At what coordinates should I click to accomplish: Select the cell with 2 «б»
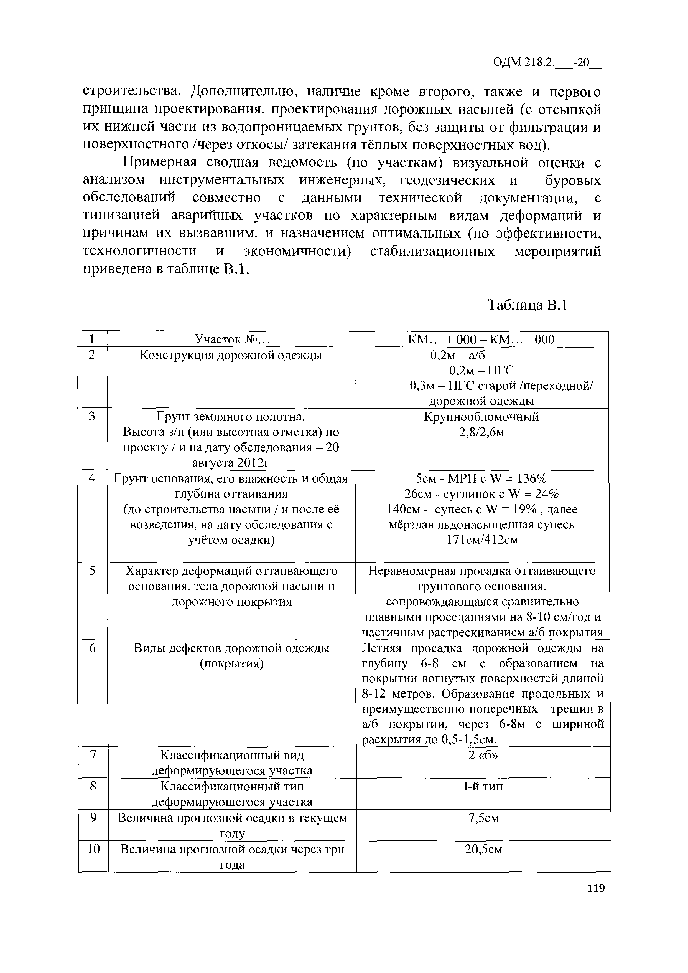coord(483,755)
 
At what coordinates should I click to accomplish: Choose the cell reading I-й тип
coord(483,787)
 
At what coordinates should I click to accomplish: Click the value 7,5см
coord(483,818)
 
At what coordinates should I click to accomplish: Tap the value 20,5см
coord(483,849)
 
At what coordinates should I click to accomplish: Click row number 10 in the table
coord(93,849)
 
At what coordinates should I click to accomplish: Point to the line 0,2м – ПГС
coord(481,370)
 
